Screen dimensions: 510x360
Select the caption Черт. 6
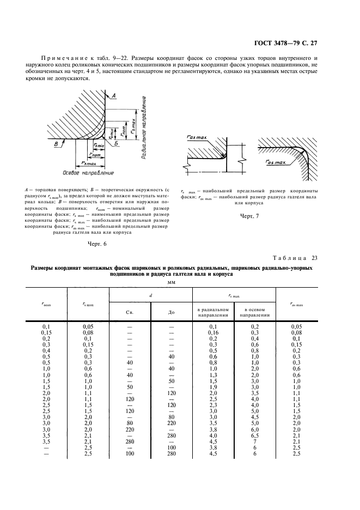tap(97, 244)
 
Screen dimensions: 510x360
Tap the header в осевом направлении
tap(255, 312)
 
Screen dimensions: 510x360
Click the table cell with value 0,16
tap(213, 332)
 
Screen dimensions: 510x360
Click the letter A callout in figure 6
tap(115, 96)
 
